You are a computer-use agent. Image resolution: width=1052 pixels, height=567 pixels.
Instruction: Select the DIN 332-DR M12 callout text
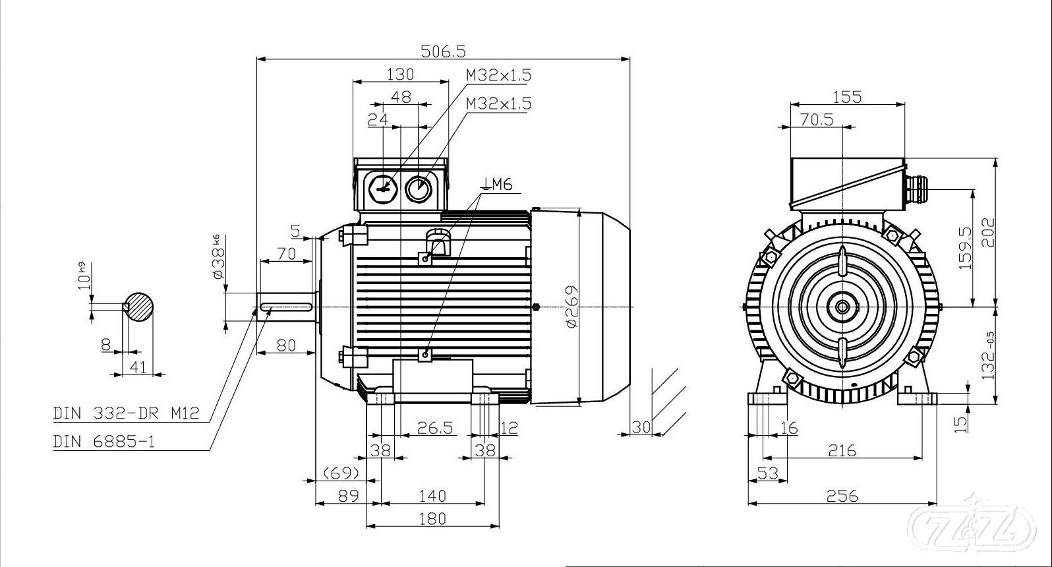[125, 413]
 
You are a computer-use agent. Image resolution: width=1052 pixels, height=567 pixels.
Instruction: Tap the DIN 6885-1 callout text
[104, 441]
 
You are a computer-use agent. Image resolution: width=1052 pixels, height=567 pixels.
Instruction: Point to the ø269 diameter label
[571, 307]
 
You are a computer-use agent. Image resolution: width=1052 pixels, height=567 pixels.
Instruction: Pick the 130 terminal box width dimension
[400, 73]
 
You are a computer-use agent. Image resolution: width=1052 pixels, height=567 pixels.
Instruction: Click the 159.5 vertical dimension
[965, 248]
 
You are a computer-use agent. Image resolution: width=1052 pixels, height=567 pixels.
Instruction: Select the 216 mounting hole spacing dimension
[842, 450]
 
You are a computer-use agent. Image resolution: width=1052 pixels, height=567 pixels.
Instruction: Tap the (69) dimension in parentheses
[341, 473]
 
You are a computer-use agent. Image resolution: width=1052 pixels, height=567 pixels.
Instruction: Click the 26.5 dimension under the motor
[436, 428]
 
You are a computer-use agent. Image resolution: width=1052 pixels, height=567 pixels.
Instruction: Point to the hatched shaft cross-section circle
[140, 307]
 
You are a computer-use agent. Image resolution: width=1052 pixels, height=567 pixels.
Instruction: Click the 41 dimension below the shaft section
[138, 367]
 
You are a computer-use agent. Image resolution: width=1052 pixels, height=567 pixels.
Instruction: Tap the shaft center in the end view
[842, 307]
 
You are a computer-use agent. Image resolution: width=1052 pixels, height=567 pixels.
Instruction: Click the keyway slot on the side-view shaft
[286, 307]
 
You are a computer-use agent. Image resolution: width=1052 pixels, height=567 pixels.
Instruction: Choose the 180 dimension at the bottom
[432, 518]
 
